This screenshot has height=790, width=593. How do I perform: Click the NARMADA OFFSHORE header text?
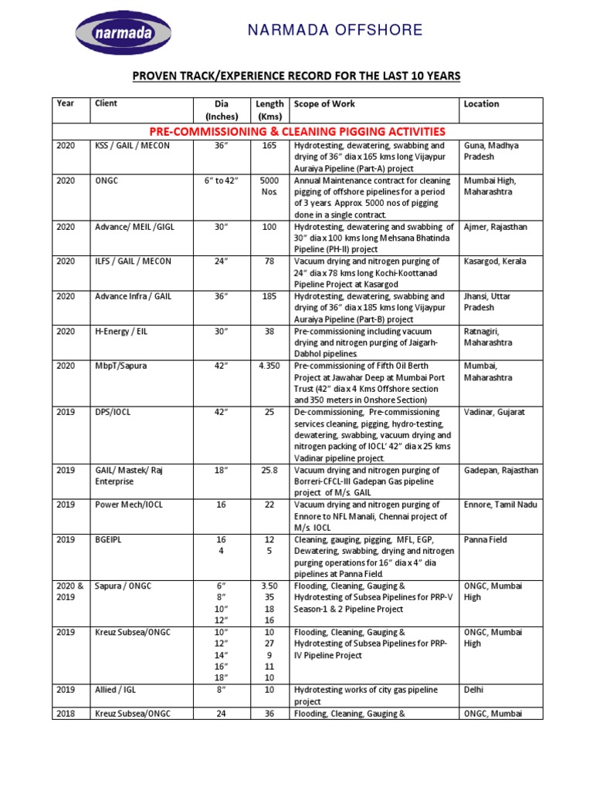[x=335, y=30]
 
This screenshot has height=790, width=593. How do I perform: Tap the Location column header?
[x=481, y=104]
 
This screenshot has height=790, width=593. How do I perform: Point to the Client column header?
[x=106, y=103]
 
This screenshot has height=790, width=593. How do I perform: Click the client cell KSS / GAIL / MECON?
[x=132, y=145]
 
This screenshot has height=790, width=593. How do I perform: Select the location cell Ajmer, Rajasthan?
[x=495, y=226]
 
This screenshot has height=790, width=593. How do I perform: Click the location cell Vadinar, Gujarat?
[x=494, y=412]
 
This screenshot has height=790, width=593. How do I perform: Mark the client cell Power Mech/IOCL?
[x=129, y=505]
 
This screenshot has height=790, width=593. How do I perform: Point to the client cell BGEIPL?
[x=110, y=539]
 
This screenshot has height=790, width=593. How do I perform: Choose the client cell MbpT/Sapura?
[x=121, y=365]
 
